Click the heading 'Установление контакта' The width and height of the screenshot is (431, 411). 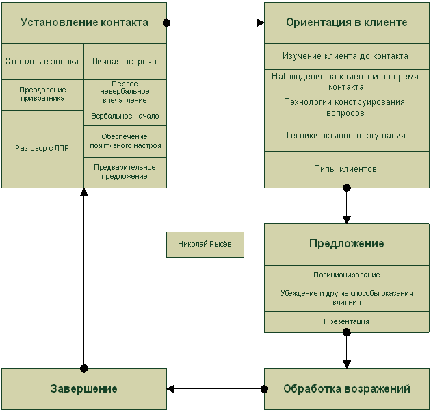[84, 23]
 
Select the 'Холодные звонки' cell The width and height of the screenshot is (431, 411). [42, 62]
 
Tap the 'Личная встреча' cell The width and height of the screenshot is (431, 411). [125, 62]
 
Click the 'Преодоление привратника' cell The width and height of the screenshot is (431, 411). [42, 94]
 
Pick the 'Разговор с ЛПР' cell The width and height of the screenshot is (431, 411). [42, 148]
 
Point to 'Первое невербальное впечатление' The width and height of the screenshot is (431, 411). [125, 92]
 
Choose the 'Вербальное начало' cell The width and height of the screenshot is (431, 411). [125, 116]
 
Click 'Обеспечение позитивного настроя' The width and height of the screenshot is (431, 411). [125, 141]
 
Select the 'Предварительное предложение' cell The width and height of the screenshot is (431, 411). [125, 171]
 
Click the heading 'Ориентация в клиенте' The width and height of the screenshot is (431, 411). [346, 23]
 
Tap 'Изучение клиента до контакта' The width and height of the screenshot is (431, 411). [346, 56]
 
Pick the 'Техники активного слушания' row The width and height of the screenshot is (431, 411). [346, 136]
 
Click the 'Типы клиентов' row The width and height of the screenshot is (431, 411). [346, 169]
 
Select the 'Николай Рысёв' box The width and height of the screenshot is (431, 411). [205, 244]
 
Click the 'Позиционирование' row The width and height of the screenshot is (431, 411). [346, 275]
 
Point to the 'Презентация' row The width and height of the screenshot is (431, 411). [346, 321]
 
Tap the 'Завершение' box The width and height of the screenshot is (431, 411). [84, 389]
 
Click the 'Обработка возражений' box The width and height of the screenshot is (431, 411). [346, 389]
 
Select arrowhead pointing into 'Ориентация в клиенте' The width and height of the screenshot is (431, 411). [260, 23]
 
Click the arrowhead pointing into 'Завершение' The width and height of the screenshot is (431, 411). [171, 389]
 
